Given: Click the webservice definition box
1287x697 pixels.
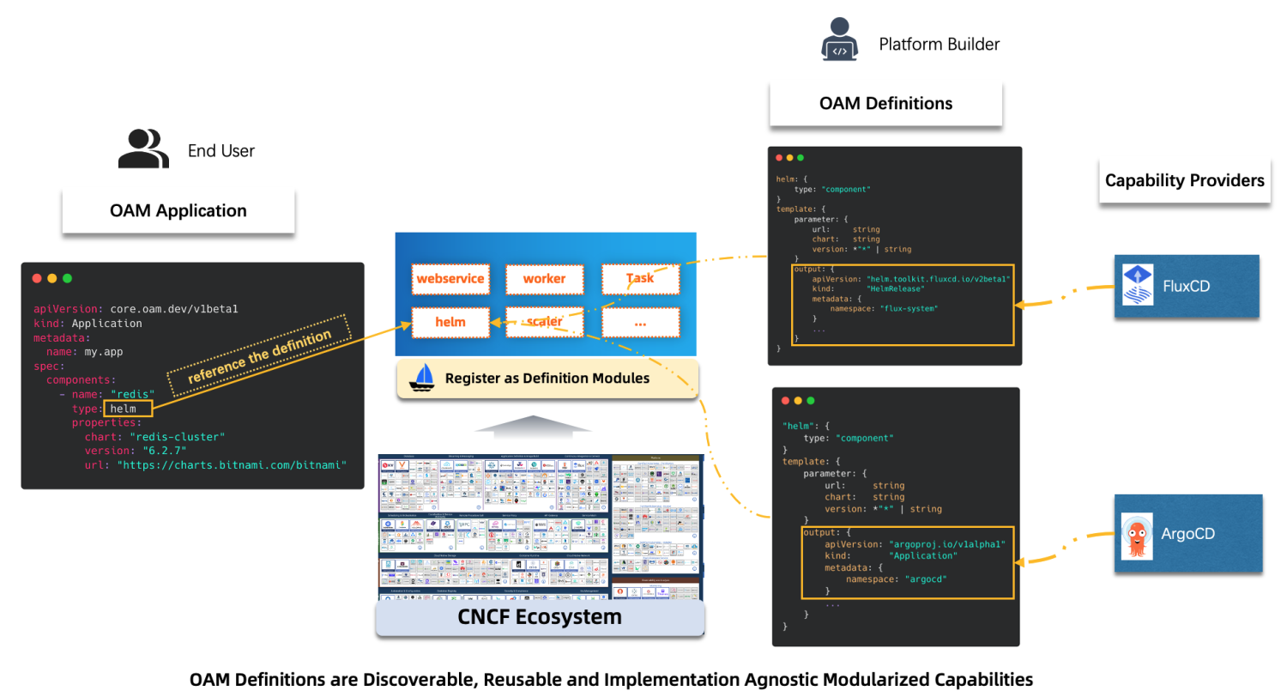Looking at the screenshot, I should [x=450, y=279].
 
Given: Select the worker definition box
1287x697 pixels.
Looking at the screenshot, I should [x=544, y=279].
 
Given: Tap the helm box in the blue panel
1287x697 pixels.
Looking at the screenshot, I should [x=450, y=322].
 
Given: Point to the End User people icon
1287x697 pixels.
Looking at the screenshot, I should [x=143, y=149].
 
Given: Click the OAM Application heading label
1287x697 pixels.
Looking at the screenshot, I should [x=178, y=211].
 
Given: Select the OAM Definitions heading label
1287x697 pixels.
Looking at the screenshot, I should [x=885, y=104].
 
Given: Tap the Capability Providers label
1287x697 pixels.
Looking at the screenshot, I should [x=1184, y=181].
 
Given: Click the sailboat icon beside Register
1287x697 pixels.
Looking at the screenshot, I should [x=424, y=378].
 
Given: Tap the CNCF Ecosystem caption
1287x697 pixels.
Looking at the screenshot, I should [x=540, y=617].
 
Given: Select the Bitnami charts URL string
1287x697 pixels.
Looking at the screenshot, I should [x=232, y=464].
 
